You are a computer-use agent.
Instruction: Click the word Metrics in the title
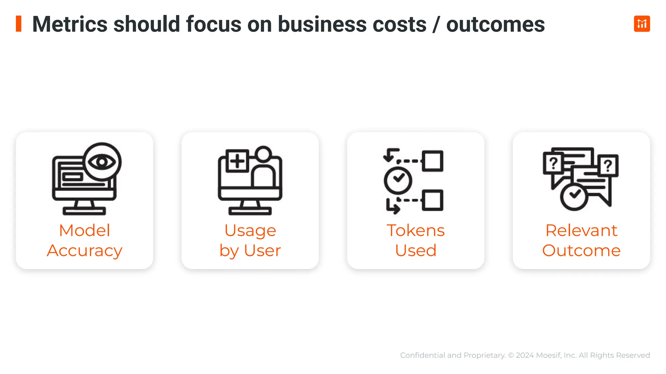(x=70, y=24)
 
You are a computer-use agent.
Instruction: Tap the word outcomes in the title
(x=495, y=24)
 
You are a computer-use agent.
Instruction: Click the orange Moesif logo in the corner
(x=642, y=24)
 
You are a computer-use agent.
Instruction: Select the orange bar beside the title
(x=19, y=24)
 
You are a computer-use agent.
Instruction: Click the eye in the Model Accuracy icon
(x=102, y=161)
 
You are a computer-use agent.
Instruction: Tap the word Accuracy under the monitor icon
(x=85, y=251)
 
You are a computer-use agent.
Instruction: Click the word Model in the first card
(x=85, y=231)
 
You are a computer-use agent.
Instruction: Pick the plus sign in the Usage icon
(x=237, y=161)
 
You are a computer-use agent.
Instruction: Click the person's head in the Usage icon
(x=263, y=154)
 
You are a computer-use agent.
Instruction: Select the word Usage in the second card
(x=250, y=231)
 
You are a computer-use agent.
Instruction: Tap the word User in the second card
(x=262, y=251)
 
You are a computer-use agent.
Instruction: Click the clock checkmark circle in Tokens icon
(x=398, y=180)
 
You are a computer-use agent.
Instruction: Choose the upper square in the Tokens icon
(x=433, y=161)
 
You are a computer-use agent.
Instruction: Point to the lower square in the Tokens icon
(x=433, y=200)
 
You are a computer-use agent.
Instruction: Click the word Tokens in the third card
(x=416, y=231)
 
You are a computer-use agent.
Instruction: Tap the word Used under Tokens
(x=416, y=251)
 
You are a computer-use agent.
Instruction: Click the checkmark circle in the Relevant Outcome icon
(x=574, y=196)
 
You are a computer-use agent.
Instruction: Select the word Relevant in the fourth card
(x=581, y=231)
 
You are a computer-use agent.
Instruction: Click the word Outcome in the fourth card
(x=581, y=251)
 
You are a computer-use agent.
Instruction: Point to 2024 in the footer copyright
(x=525, y=355)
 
